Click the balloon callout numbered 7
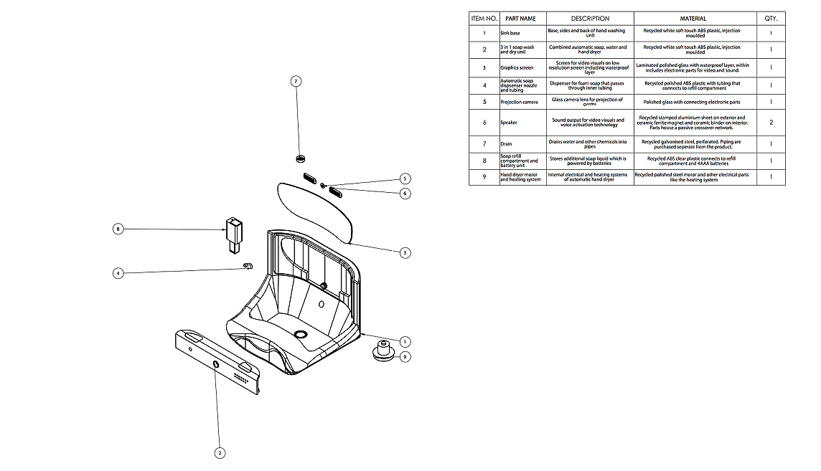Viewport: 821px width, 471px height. [296, 81]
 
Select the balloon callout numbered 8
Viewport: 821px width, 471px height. [118, 229]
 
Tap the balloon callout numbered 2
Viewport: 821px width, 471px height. [220, 452]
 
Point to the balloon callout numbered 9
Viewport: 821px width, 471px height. [405, 356]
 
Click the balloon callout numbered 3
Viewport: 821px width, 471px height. [405, 252]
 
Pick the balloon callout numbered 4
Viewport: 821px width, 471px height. [118, 272]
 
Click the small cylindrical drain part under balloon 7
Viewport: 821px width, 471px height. [301, 158]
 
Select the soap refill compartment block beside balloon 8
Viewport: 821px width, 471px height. [233, 234]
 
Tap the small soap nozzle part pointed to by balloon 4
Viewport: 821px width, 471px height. [248, 267]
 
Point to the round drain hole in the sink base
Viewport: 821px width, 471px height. [301, 335]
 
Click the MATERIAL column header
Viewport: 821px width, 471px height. [693, 19]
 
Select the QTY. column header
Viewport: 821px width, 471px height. [771, 19]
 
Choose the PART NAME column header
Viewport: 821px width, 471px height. [520, 19]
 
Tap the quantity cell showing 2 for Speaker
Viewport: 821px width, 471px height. [771, 123]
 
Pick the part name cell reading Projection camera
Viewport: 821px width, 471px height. [519, 102]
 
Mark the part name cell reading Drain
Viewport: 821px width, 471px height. [506, 144]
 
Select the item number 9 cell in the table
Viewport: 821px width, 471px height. [484, 177]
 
